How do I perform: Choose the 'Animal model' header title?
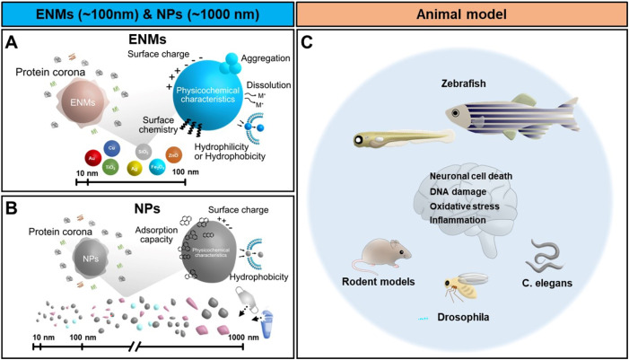(x=465, y=17)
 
